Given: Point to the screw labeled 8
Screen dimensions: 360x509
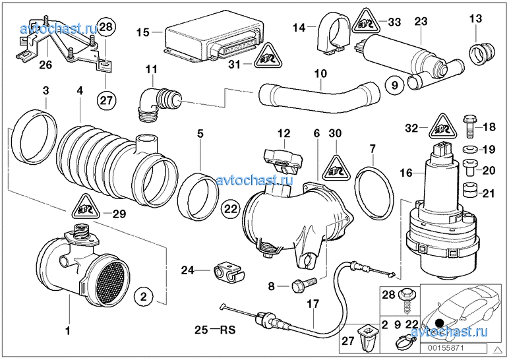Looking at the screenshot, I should (298, 285).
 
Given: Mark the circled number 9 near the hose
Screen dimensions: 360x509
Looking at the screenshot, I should (391, 85).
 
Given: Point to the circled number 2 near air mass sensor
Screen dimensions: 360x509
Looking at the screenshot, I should (144, 296).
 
